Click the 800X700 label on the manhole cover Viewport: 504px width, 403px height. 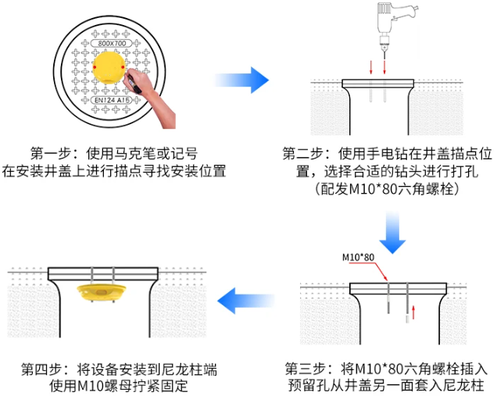point(112,43)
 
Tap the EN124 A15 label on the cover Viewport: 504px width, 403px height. point(112,100)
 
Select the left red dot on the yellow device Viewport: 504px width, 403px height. point(95,67)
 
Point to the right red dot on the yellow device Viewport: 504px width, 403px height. point(123,67)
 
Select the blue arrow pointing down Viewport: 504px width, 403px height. point(392,233)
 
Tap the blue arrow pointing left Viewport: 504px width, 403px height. point(246,301)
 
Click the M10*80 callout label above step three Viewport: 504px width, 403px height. point(358,258)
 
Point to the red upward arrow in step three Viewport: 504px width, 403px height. point(413,312)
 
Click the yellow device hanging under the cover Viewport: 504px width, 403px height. point(102,293)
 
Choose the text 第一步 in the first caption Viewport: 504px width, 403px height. point(51,154)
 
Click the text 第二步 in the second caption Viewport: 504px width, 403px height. point(302,154)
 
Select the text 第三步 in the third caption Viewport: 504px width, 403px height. point(306,369)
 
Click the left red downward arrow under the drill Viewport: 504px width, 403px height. point(371,67)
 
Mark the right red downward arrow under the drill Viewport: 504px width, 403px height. point(384,67)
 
